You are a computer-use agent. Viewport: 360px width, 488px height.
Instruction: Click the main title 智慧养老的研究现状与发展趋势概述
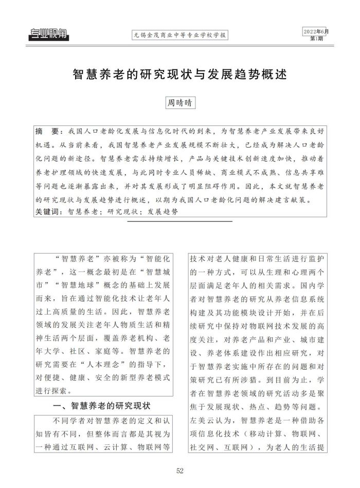click(x=179, y=74)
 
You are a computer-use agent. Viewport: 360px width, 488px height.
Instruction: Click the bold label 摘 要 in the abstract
click(x=48, y=131)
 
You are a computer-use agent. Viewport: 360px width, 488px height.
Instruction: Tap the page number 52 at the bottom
click(x=180, y=471)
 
